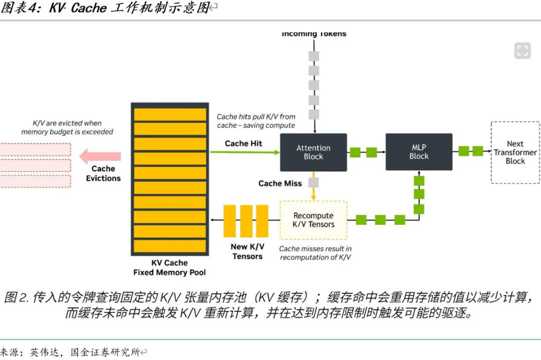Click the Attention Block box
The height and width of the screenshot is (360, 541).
(313, 152)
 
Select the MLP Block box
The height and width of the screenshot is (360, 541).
(419, 152)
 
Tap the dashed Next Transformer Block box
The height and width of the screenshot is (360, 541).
(515, 152)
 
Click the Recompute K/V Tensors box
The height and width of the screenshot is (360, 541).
(313, 220)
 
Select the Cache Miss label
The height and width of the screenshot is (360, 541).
(280, 183)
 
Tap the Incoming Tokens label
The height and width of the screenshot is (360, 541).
(314, 34)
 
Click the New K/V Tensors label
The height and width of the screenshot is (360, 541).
(247, 251)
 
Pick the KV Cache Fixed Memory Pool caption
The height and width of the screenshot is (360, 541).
(169, 268)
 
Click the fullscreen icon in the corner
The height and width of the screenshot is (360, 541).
(522, 50)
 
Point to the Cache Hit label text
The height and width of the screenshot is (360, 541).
(243, 143)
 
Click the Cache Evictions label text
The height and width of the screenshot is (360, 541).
(103, 173)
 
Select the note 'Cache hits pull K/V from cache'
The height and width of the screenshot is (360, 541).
(256, 121)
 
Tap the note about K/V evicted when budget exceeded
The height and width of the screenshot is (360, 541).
(67, 127)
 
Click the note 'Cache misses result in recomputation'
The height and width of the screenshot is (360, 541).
(315, 253)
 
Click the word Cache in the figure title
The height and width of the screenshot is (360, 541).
(89, 9)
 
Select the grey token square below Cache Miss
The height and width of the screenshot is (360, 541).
(314, 183)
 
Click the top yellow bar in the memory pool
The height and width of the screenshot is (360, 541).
(169, 115)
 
